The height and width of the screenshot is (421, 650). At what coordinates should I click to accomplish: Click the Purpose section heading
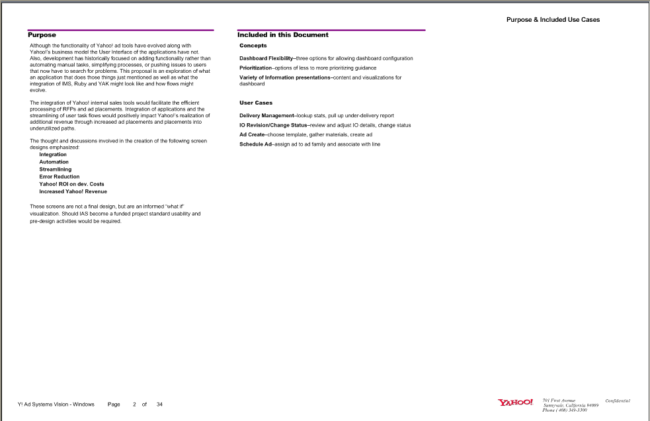tap(42, 35)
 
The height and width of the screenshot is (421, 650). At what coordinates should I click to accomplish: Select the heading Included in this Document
tap(283, 35)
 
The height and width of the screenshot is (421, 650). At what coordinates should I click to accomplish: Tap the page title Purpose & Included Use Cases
tap(553, 20)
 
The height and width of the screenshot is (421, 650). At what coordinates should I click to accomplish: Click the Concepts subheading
tap(253, 46)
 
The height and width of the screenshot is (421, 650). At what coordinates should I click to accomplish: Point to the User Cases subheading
tap(256, 103)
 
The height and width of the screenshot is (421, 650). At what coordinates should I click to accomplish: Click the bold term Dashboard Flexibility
tap(266, 58)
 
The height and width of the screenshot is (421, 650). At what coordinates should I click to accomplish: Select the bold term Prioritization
tap(255, 68)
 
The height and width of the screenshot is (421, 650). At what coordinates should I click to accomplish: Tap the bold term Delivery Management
tap(266, 115)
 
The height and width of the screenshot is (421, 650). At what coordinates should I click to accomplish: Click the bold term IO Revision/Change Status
tap(272, 125)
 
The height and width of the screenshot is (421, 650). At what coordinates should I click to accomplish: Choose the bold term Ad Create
tap(251, 134)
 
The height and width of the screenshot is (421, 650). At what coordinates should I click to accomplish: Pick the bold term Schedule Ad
tap(255, 144)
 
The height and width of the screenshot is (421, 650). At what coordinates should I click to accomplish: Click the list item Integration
tap(53, 154)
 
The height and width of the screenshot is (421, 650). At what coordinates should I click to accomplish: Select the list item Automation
tap(54, 162)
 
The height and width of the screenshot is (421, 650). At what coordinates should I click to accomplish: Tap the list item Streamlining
tap(55, 169)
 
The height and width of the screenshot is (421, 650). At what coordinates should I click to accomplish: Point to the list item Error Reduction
tap(60, 177)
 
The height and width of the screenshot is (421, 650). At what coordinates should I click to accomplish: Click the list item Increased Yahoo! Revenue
tap(73, 191)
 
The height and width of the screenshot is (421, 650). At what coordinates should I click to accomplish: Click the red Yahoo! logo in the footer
tap(515, 402)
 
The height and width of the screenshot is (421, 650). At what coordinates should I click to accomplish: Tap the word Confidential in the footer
tap(618, 400)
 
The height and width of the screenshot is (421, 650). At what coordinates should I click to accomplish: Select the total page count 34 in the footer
tap(159, 404)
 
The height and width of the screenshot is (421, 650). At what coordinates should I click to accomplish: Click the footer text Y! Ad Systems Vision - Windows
tap(56, 404)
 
